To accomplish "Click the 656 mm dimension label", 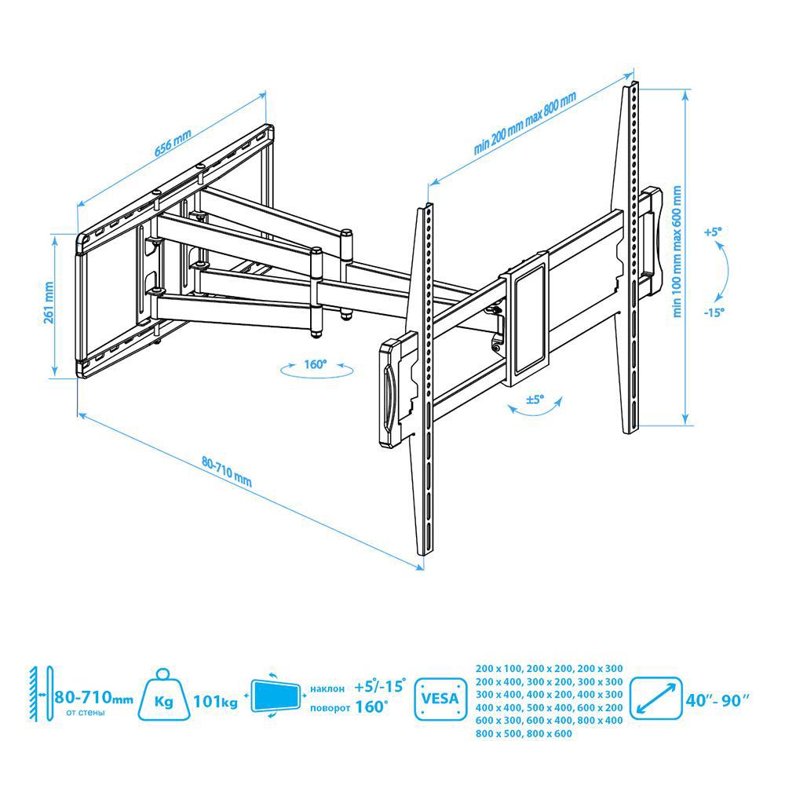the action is pyautogui.click(x=173, y=143).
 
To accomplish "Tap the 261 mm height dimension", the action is pyautogui.click(x=49, y=303).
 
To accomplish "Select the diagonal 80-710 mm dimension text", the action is pyautogui.click(x=227, y=472).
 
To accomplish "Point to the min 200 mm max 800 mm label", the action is pyautogui.click(x=524, y=122).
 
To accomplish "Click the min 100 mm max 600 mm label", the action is pyautogui.click(x=677, y=251).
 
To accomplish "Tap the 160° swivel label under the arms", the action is pyautogui.click(x=315, y=364).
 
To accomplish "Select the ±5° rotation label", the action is pyautogui.click(x=535, y=400).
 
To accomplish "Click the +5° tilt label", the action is pyautogui.click(x=713, y=232).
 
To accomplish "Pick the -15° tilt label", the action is pyautogui.click(x=714, y=312).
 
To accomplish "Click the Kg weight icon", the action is pyautogui.click(x=164, y=695).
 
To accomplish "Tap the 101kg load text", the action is pyautogui.click(x=216, y=701).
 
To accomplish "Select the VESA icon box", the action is pyautogui.click(x=440, y=699).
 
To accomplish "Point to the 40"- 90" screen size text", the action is pyautogui.click(x=717, y=700).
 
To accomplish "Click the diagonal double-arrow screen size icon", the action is pyautogui.click(x=655, y=699).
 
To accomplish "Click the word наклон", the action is pyautogui.click(x=327, y=689).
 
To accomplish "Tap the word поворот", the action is pyautogui.click(x=330, y=708).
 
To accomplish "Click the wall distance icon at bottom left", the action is pyautogui.click(x=42, y=694).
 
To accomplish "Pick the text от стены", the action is pyautogui.click(x=86, y=713).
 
